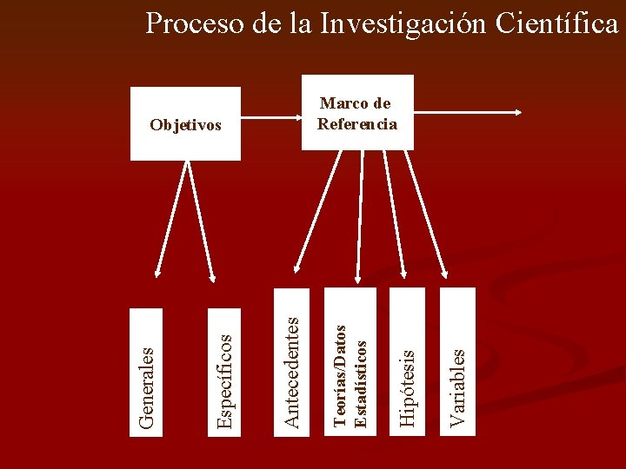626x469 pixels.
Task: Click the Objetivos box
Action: tap(185, 124)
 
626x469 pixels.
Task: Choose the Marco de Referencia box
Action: tap(357, 114)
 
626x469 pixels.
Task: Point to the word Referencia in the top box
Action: tap(357, 124)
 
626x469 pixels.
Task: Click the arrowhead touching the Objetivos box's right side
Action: tap(246, 114)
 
